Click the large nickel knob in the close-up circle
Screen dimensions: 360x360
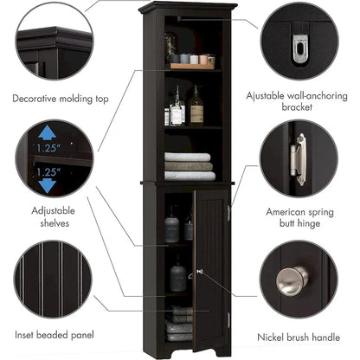click(x=291, y=280)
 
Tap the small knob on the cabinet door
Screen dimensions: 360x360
click(x=200, y=272)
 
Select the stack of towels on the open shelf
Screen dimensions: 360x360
click(x=188, y=166)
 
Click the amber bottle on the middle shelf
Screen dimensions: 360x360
click(x=196, y=111)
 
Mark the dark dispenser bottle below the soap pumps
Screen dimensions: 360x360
click(x=177, y=277)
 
